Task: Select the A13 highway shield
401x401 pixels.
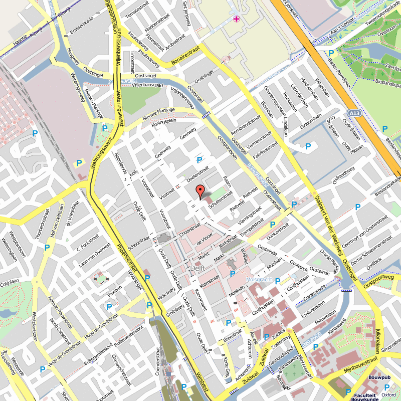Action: pos(354,114)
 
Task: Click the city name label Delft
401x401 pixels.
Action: pos(198,269)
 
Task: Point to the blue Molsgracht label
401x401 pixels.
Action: pos(260,279)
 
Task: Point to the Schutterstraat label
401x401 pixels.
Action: pos(221,199)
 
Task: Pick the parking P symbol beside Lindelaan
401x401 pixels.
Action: pos(308,146)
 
